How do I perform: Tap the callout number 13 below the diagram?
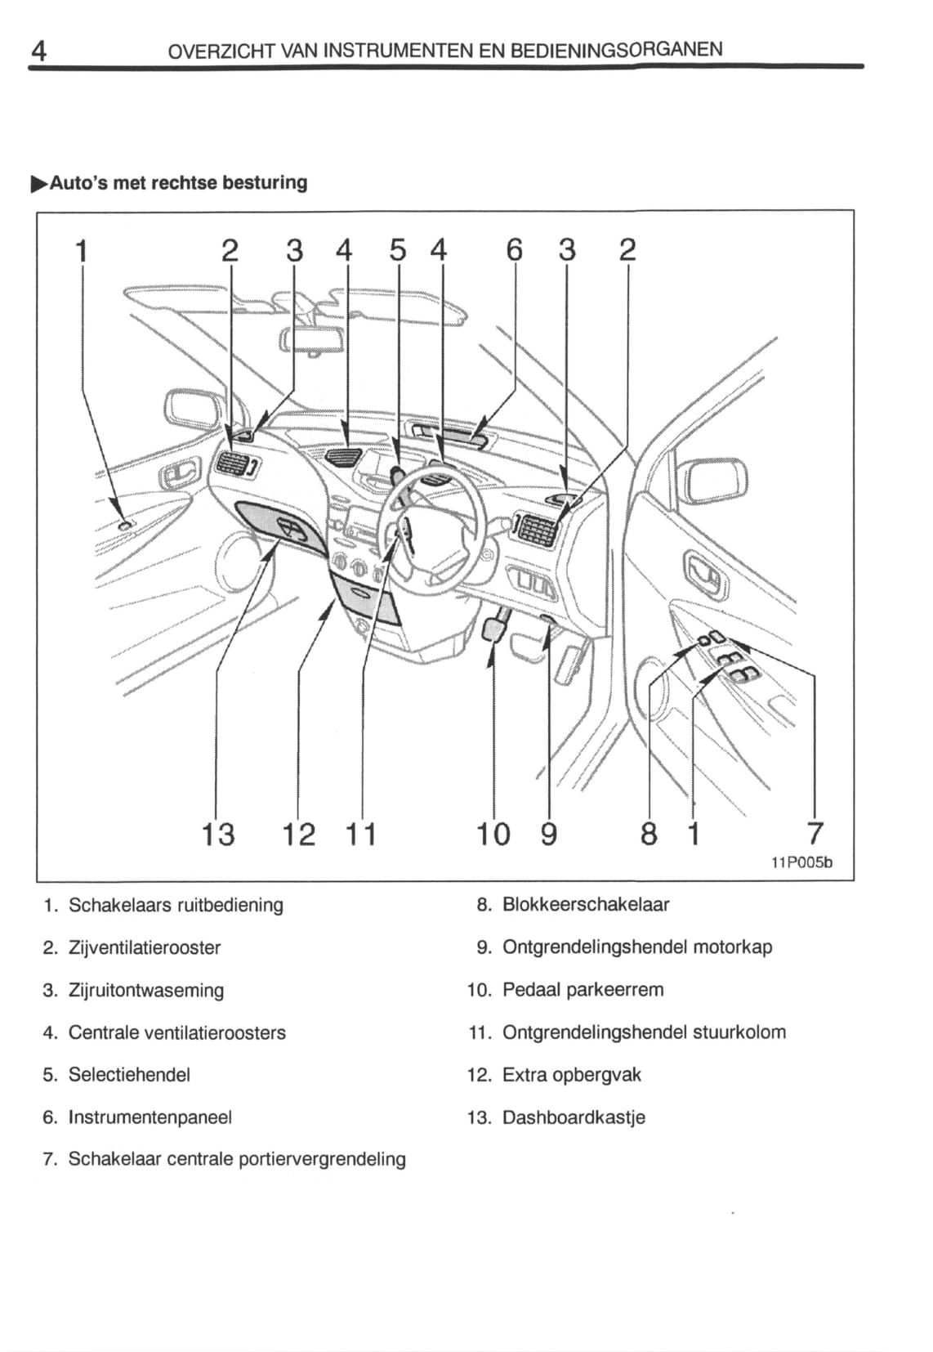click(218, 835)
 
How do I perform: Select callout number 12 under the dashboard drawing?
click(298, 835)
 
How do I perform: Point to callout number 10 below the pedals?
click(493, 835)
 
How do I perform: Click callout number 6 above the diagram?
click(514, 249)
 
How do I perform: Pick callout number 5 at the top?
click(398, 249)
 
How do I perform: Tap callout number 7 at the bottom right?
click(815, 834)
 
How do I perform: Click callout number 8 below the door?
click(649, 835)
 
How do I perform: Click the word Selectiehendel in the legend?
click(129, 1075)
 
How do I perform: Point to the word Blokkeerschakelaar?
click(586, 905)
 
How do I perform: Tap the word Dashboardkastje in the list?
click(574, 1117)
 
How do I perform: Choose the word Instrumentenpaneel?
click(150, 1117)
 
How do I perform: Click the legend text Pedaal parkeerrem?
click(583, 990)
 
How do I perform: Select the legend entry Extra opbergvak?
click(571, 1075)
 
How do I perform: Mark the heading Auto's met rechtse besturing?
click(178, 182)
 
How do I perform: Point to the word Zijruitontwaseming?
click(146, 991)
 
